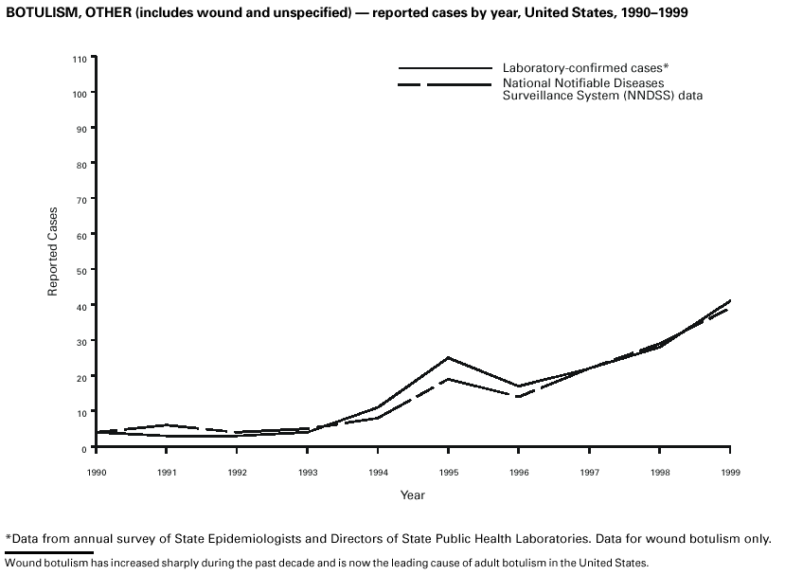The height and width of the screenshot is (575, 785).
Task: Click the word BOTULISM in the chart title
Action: point(38,12)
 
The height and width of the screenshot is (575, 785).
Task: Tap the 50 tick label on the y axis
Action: point(81,271)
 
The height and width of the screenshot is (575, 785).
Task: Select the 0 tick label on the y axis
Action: point(83,448)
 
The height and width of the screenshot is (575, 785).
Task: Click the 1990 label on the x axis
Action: point(96,471)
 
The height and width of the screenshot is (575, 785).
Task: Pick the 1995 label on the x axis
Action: point(448,471)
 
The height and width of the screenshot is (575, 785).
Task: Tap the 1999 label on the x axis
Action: point(729,471)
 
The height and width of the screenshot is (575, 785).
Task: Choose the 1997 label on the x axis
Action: point(589,471)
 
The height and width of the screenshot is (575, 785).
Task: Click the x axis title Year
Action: point(412,495)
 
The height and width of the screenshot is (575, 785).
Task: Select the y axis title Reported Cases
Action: point(54,251)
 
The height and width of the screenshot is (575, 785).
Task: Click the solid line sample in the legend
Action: point(445,69)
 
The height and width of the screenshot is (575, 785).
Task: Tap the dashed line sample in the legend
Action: point(445,85)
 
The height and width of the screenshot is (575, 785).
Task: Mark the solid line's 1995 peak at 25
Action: point(448,358)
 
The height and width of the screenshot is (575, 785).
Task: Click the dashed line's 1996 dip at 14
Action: point(518,397)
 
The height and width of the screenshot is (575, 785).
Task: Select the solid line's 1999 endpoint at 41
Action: point(729,301)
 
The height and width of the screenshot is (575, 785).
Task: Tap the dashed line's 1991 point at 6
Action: point(166,425)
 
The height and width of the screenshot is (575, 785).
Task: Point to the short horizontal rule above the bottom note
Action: point(49,552)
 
